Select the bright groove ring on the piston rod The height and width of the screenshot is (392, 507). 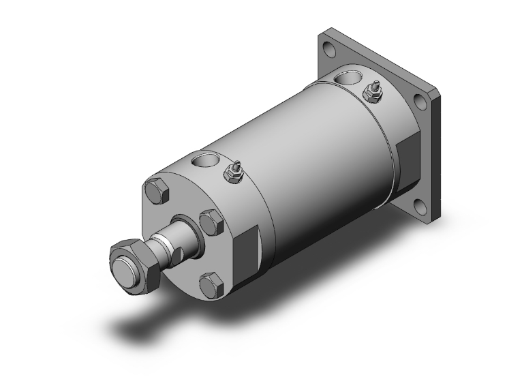[x=164, y=242]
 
